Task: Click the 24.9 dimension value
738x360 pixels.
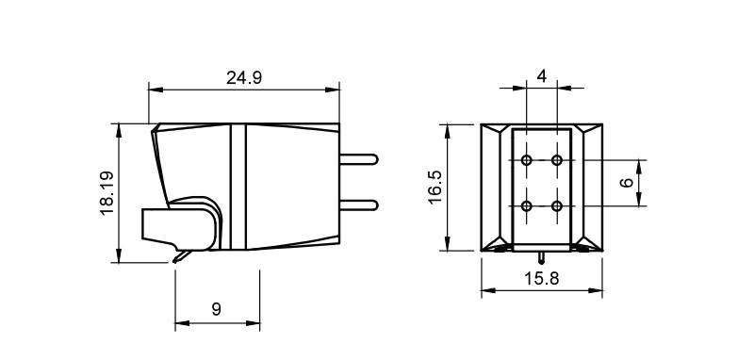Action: click(244, 77)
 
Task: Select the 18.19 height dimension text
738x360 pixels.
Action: click(107, 193)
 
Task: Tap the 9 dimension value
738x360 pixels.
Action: click(216, 309)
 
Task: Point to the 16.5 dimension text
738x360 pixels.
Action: click(435, 187)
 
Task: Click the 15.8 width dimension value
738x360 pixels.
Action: click(541, 279)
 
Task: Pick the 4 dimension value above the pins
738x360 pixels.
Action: click(542, 76)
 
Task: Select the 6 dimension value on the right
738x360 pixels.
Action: click(627, 182)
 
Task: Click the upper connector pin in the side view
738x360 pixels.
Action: click(359, 159)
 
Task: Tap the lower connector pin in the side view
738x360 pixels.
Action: click(359, 205)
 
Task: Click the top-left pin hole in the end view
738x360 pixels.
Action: click(527, 160)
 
